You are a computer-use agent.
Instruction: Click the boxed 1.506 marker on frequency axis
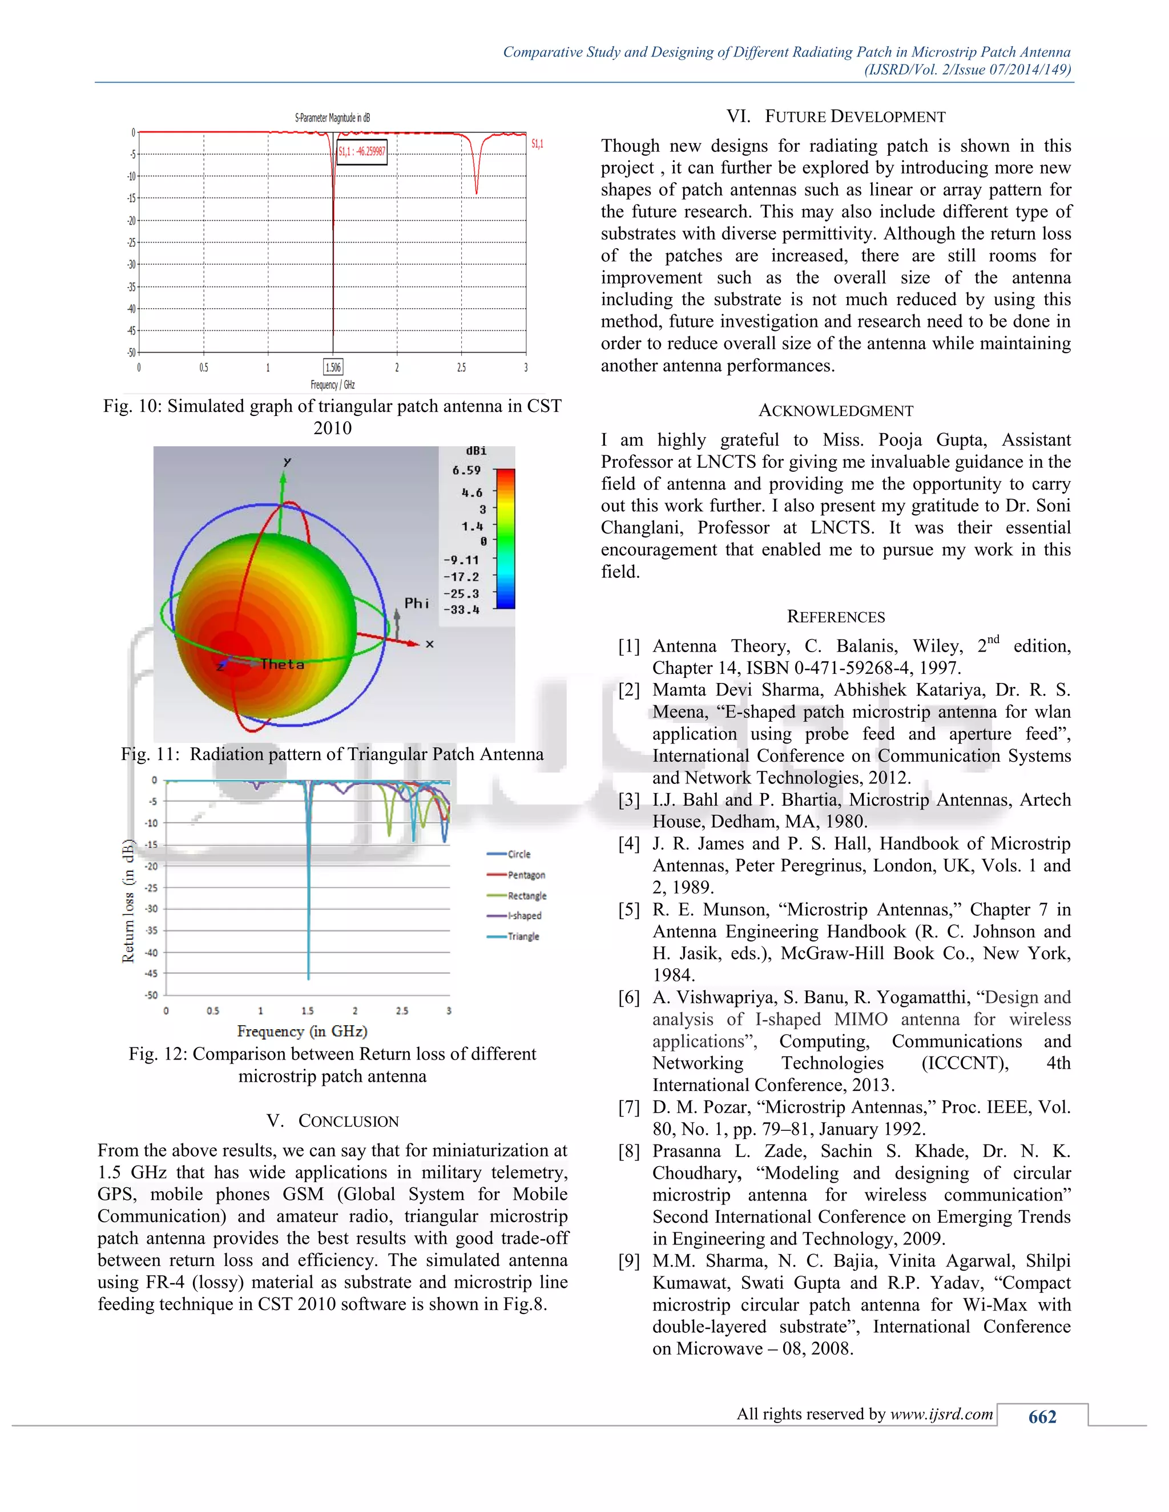point(333,367)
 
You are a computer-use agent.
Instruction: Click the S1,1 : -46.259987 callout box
point(361,152)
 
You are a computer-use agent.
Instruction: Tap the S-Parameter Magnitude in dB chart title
point(332,118)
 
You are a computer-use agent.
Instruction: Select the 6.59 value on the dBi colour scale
point(466,471)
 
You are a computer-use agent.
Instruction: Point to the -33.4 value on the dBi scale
point(461,610)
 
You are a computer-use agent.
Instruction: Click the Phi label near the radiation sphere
point(416,603)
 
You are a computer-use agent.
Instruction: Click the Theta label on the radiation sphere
point(282,665)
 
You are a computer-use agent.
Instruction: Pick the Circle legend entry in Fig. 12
point(519,854)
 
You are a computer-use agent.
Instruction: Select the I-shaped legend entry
point(524,916)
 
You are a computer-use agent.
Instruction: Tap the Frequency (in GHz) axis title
point(302,1032)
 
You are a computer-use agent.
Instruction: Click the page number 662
point(1042,1417)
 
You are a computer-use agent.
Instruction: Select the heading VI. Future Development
point(835,116)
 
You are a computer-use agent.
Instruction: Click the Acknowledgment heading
point(835,411)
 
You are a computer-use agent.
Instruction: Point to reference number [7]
point(629,1107)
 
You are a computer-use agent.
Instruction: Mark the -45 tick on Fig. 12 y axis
point(151,973)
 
